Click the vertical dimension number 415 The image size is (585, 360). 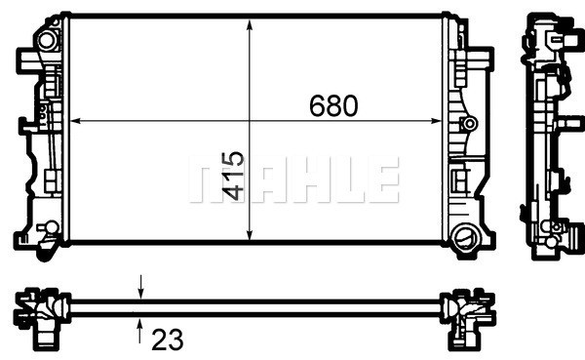tap(233, 176)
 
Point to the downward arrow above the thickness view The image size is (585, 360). tap(141, 285)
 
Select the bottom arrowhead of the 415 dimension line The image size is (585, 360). tap(251, 238)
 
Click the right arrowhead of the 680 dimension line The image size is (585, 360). tap(442, 121)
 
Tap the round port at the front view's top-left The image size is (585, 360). tap(44, 42)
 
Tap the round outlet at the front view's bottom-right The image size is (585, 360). tap(465, 237)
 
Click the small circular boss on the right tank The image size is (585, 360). tap(469, 124)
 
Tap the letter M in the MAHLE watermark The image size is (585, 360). tap(210, 182)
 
